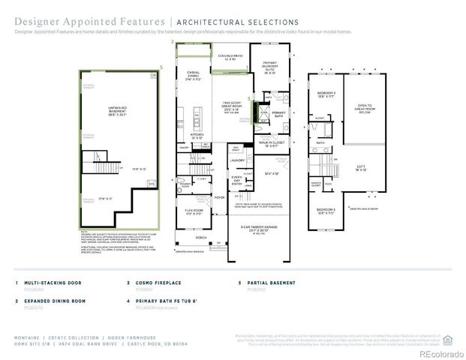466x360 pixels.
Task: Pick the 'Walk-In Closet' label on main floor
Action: point(272,143)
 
